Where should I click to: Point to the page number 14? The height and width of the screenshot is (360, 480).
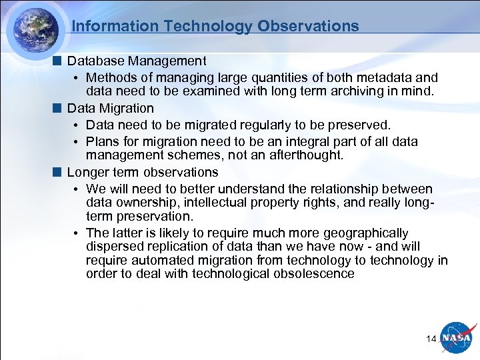[431, 339]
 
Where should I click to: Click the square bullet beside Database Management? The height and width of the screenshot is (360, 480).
[59, 61]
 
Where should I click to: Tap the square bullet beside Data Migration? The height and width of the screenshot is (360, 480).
[59, 108]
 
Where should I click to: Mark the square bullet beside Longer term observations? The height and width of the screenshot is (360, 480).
[59, 173]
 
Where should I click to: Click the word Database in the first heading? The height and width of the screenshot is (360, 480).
[95, 61]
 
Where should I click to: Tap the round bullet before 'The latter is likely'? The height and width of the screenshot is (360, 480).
[77, 233]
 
